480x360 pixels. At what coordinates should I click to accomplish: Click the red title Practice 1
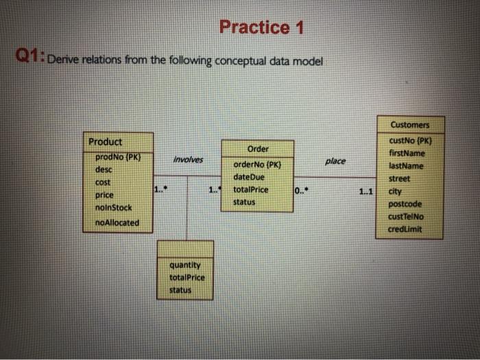click(261, 27)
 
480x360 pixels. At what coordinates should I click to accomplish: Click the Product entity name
click(105, 142)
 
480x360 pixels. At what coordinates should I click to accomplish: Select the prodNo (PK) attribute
click(118, 157)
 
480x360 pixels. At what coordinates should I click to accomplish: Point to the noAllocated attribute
click(117, 223)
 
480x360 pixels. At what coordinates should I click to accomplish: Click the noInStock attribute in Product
click(113, 208)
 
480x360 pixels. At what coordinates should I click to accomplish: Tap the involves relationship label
click(188, 160)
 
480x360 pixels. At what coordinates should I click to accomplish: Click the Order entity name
click(258, 149)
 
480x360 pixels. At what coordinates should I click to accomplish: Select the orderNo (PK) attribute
click(257, 165)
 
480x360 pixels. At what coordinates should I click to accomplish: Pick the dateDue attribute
click(248, 177)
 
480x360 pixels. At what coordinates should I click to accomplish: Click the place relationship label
click(335, 161)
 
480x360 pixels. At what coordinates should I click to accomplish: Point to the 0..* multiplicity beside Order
click(301, 191)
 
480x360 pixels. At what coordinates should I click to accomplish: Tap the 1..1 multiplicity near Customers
click(365, 191)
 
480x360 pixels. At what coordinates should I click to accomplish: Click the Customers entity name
click(410, 125)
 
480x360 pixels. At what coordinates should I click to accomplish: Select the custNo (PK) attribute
click(410, 141)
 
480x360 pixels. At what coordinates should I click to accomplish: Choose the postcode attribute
click(405, 204)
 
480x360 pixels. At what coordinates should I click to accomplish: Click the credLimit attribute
click(405, 229)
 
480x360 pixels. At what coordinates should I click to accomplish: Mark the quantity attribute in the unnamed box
click(185, 265)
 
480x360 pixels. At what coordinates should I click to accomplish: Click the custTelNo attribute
click(406, 217)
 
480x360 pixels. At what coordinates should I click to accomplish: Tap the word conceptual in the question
click(241, 61)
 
